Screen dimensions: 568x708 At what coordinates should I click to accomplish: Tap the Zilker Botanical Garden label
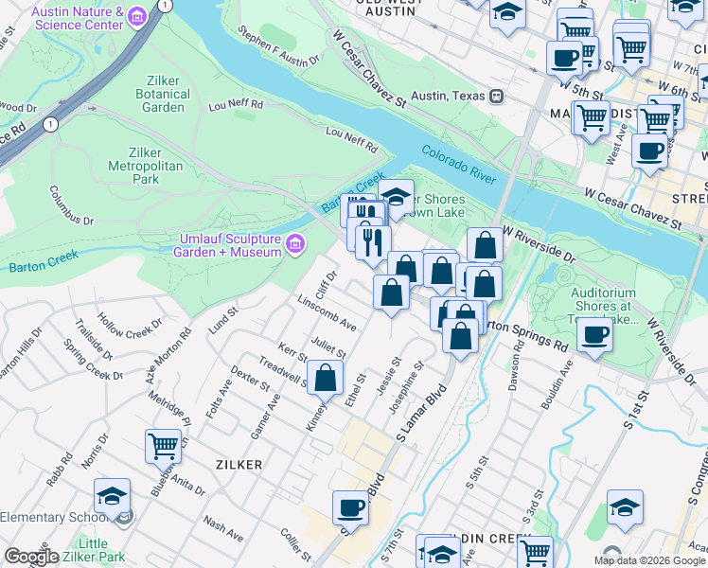[x=156, y=94]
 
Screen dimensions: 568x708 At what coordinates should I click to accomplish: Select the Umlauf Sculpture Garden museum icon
[x=295, y=246]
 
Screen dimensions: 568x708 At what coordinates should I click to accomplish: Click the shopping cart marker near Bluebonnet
[x=163, y=445]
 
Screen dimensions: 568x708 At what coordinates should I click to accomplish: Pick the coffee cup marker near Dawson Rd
[x=594, y=333]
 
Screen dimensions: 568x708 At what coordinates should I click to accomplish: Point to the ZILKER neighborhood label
[x=238, y=464]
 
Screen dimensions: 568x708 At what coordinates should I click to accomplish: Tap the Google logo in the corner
[x=31, y=557]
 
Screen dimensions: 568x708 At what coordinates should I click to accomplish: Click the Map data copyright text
[x=649, y=560]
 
